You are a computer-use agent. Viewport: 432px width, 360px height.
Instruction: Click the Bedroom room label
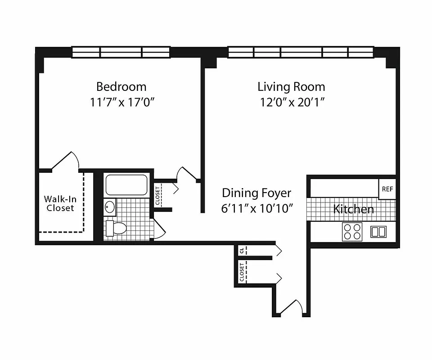pyautogui.click(x=121, y=86)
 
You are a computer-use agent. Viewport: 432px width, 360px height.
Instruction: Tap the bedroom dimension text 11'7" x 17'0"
pyautogui.click(x=122, y=102)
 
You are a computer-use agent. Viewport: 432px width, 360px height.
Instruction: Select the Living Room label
pyautogui.click(x=291, y=86)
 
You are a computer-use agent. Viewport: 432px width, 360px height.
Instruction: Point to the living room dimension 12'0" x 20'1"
pyautogui.click(x=291, y=102)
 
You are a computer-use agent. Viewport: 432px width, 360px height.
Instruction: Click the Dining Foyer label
pyautogui.click(x=256, y=193)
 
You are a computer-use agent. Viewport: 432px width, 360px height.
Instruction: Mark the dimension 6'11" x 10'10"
pyautogui.click(x=258, y=208)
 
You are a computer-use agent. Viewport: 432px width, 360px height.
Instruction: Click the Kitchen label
pyautogui.click(x=353, y=209)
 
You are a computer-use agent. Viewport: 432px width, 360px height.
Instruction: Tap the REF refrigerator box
pyautogui.click(x=387, y=189)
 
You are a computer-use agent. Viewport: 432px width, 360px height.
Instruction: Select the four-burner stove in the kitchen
pyautogui.click(x=352, y=232)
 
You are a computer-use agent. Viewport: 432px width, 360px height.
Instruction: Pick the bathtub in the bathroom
pyautogui.click(x=126, y=184)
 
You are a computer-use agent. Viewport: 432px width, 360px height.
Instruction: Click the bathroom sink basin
pyautogui.click(x=110, y=207)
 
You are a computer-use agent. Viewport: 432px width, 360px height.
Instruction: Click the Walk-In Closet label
pyautogui.click(x=60, y=203)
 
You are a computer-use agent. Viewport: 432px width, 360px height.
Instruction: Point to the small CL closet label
pyautogui.click(x=242, y=250)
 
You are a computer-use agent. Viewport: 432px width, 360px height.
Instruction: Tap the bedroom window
pyautogui.click(x=121, y=52)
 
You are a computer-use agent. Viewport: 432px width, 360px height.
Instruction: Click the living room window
pyautogui.click(x=301, y=52)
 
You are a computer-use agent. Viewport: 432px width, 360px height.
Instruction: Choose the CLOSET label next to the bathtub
pyautogui.click(x=157, y=196)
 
